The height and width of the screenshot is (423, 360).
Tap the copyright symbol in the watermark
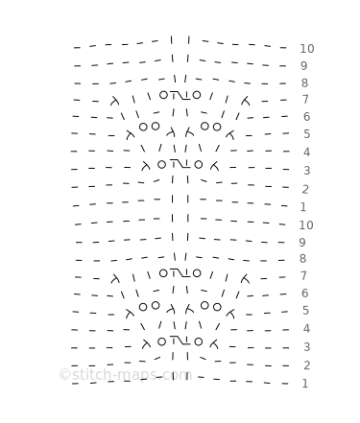[x=64, y=374]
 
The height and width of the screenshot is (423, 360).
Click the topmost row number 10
[x=307, y=49]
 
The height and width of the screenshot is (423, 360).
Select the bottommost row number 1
[x=305, y=384]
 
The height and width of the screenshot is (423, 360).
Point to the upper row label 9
[x=304, y=66]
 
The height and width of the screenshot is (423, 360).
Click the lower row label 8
[x=302, y=258]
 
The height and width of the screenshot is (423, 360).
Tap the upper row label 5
[x=306, y=134]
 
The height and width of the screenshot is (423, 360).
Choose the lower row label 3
[x=306, y=347]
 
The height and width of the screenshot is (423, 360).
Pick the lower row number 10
[x=306, y=225]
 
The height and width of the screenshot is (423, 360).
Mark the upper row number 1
[x=303, y=207]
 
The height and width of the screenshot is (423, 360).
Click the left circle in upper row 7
[x=163, y=95]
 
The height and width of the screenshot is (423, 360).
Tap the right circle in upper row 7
[x=197, y=95]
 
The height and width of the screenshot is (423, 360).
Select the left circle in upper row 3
[x=162, y=165]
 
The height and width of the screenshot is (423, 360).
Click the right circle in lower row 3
[x=199, y=341]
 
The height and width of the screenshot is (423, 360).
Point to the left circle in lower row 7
[x=163, y=273]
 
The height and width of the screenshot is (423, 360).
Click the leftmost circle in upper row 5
[x=143, y=127]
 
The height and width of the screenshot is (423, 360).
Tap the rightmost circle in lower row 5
[x=217, y=307]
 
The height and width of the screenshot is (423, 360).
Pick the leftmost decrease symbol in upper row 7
[x=114, y=101]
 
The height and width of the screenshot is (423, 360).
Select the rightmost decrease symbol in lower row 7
[x=246, y=279]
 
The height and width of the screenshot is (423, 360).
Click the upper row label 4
[x=306, y=153]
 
